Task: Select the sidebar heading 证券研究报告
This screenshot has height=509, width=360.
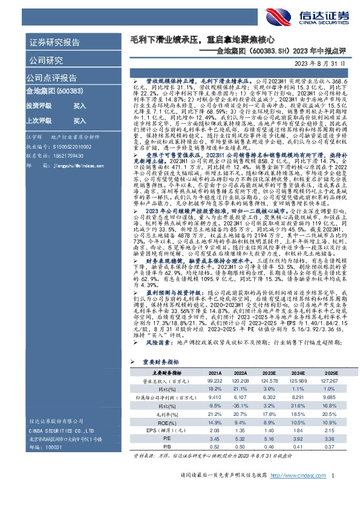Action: point(54,43)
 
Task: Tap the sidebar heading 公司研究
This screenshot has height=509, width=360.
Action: point(45,60)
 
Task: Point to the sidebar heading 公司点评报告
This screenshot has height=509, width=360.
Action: point(49,79)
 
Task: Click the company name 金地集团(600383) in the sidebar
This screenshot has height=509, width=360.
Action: point(46,91)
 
